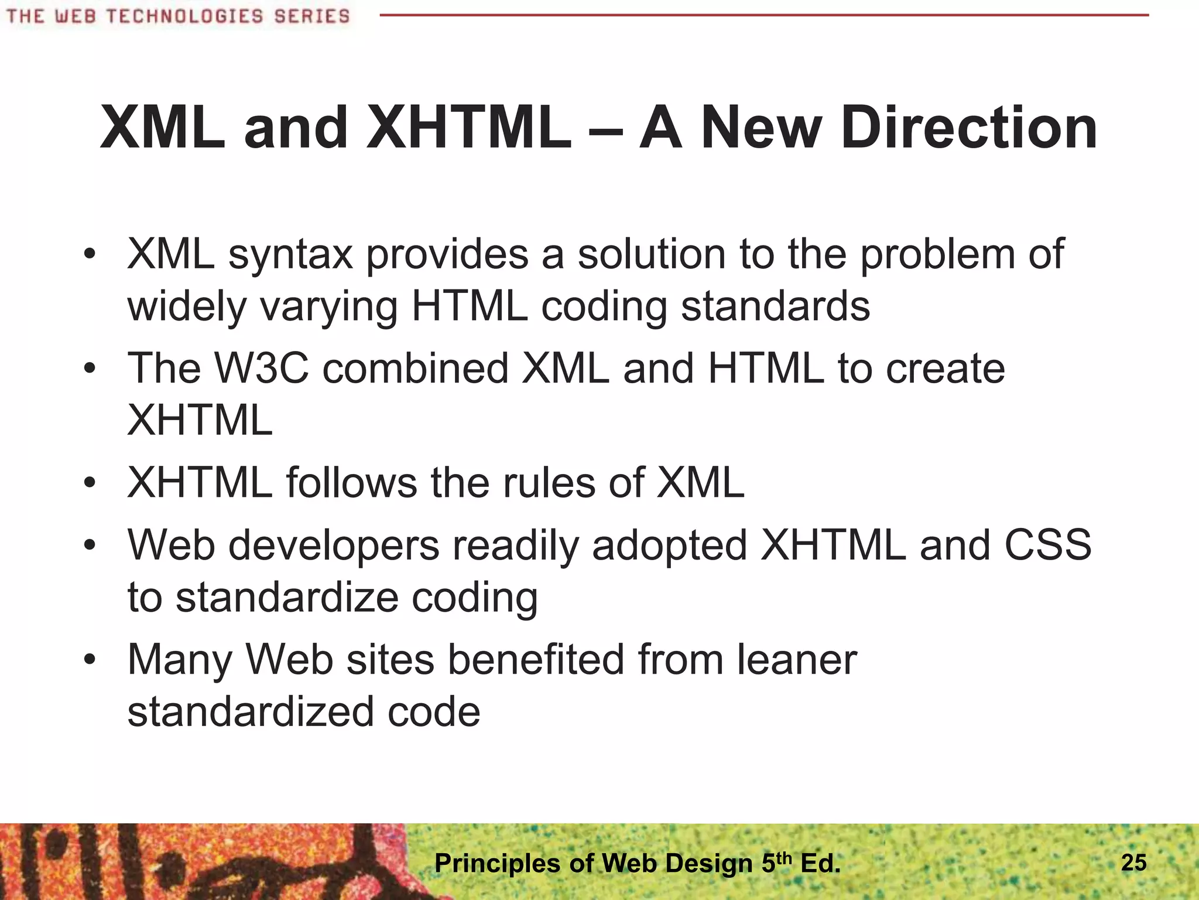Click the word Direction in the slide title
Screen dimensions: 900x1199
tap(969, 128)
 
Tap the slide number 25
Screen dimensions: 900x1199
tap(1133, 862)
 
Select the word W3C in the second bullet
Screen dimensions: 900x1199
tap(261, 368)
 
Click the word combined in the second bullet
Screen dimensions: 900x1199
tap(416, 368)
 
